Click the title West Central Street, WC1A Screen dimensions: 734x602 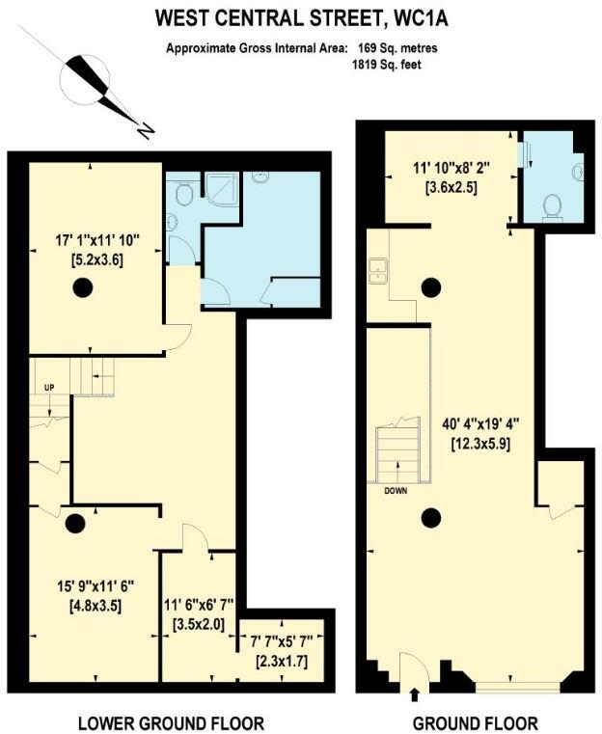pos(302,17)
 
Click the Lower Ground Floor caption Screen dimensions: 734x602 pos(171,723)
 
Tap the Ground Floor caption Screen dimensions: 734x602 pos(475,723)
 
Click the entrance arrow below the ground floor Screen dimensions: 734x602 pos(415,693)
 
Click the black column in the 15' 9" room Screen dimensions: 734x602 pos(74,524)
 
